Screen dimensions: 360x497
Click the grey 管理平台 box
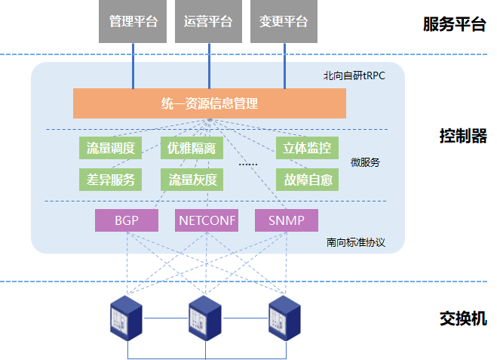133,21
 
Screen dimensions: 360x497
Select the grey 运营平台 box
208,21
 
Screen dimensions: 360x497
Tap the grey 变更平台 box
284,21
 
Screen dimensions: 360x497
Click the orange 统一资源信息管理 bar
209,103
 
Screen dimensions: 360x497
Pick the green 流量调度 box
110,148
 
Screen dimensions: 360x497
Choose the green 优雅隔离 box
192,148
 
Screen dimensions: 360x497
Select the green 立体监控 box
307,148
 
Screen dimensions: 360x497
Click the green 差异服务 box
110,180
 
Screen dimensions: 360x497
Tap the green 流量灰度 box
192,180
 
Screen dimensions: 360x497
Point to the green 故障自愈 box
307,180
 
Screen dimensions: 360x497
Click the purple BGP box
127,220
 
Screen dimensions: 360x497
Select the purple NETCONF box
206,220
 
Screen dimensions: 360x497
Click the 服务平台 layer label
454,24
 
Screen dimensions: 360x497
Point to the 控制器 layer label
463,137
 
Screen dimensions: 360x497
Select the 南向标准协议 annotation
356,242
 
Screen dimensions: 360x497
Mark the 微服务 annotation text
365,162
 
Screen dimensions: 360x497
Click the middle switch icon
205,317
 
